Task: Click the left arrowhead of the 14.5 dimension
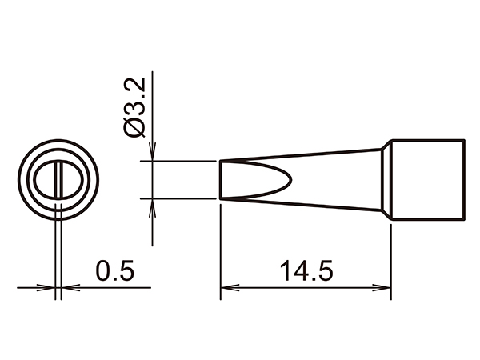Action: tap(226, 287)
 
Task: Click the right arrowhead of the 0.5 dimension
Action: tap(67, 287)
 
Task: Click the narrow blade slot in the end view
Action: tap(58, 180)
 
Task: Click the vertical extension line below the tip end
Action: tap(220, 248)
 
